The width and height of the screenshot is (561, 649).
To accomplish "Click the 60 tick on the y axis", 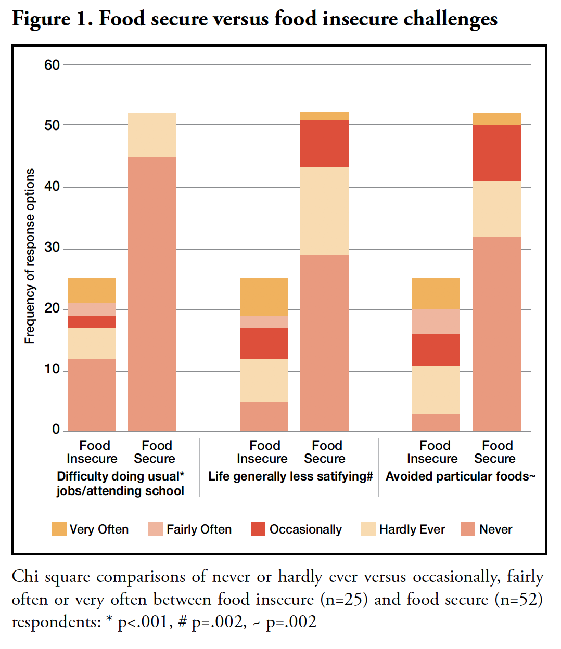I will coord(52,65).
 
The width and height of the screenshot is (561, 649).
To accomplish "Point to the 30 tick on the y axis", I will coord(52,248).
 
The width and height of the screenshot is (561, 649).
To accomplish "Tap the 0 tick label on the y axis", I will coord(56,430).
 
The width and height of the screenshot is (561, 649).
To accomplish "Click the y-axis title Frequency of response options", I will coord(30,256).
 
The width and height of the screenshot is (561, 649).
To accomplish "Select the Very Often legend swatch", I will coord(59,529).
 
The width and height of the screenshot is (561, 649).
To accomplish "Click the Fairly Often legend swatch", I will coord(156,529).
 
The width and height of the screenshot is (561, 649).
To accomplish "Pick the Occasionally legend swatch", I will coord(258,529).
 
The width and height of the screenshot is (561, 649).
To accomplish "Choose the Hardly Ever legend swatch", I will coord(368,529).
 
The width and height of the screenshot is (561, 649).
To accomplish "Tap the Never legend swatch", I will coord(468,529).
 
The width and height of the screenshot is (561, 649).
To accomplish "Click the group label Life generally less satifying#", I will coord(290,476).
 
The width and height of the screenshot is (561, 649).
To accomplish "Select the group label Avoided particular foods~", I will coord(460,476).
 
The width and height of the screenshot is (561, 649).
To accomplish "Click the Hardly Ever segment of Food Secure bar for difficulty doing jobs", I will coord(152,135).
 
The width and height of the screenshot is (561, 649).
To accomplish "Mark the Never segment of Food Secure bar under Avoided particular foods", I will coord(496,334).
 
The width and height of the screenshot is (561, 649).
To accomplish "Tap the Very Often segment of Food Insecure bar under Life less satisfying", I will coord(264,297).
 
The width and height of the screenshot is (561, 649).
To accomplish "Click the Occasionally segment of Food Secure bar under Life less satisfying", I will coord(324,144).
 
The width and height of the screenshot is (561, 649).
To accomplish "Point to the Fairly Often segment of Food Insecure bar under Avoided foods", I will coord(436,322).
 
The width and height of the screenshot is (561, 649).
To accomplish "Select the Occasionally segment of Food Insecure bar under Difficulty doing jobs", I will coord(92,322).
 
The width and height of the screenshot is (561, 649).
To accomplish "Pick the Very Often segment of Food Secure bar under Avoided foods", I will coord(496,119).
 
